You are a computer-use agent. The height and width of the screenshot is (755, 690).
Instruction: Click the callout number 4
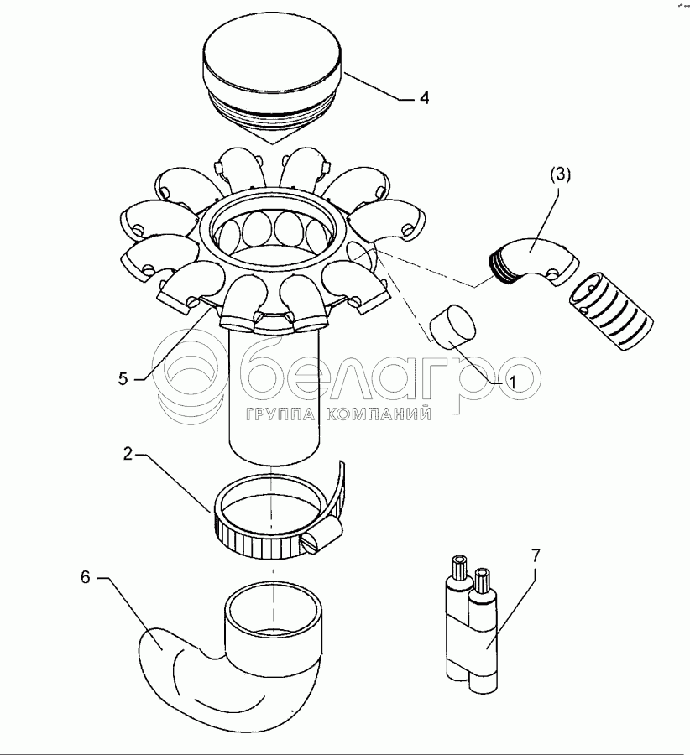[424, 98]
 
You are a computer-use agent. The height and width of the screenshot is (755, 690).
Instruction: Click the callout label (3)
[560, 174]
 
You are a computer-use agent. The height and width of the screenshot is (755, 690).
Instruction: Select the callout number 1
[512, 383]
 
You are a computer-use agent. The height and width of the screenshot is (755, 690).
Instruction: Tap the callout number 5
[123, 378]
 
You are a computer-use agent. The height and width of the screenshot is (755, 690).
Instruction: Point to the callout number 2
[128, 454]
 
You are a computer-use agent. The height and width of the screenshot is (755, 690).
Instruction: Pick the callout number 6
[86, 577]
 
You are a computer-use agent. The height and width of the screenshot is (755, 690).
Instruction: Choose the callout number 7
[536, 555]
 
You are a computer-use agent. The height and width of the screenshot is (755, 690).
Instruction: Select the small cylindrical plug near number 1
[453, 327]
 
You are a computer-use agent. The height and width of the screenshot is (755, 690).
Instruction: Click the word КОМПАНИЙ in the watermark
[378, 414]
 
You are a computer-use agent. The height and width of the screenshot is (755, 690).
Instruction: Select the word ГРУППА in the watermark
[280, 414]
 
